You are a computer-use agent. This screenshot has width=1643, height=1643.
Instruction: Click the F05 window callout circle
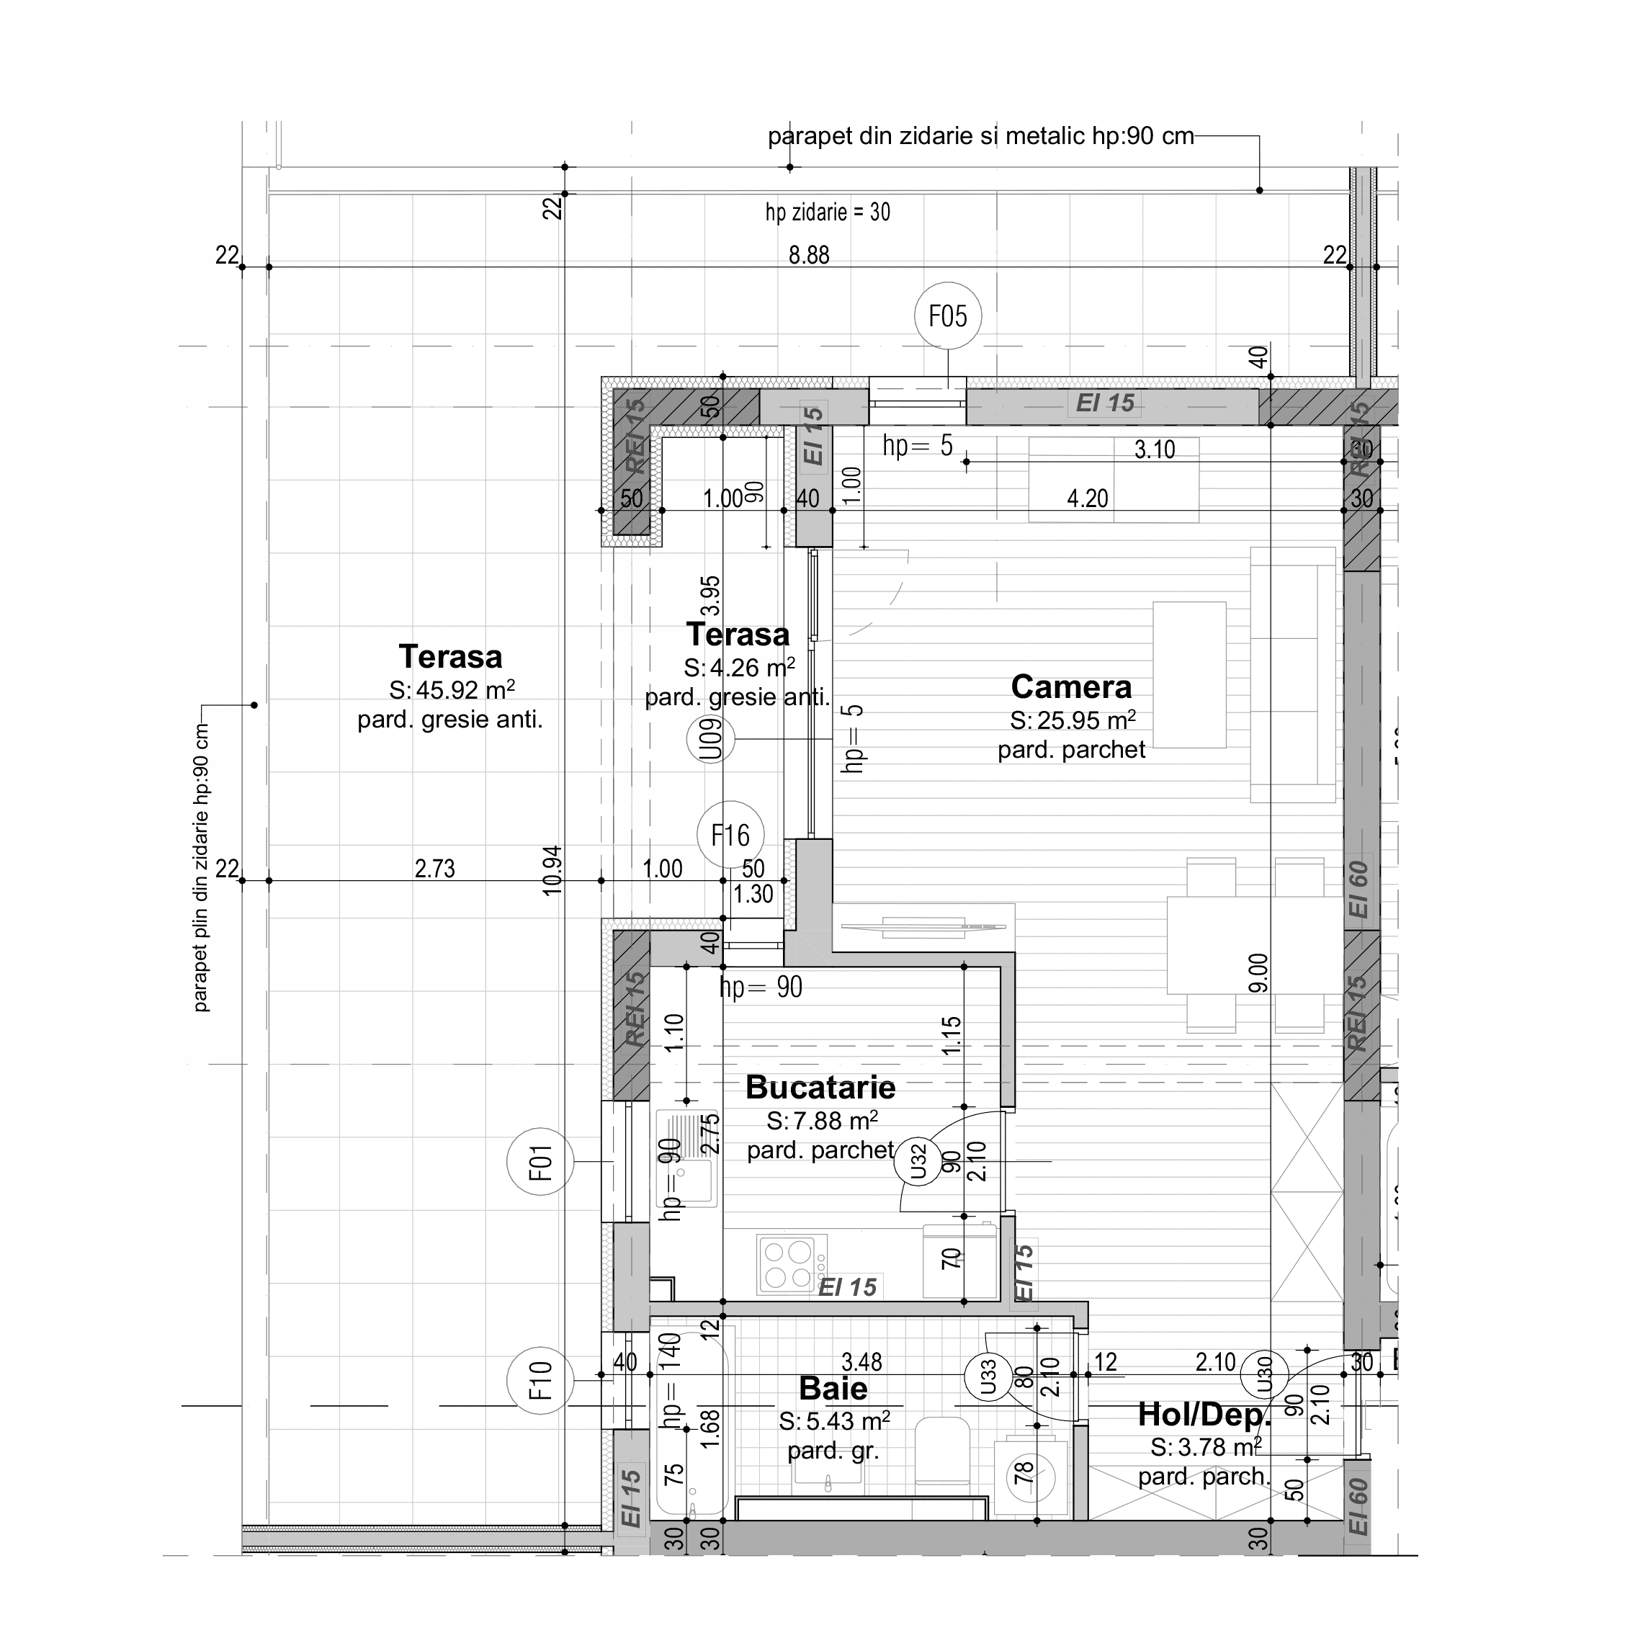tap(947, 316)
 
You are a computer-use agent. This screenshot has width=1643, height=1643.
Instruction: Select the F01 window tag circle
tap(540, 1162)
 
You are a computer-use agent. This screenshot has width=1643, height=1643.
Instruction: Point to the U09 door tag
tap(710, 739)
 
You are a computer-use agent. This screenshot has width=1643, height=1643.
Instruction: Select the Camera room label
tap(1070, 687)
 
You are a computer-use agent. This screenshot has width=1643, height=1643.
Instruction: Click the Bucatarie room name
tap(820, 1088)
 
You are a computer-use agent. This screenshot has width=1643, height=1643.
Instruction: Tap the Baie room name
tap(833, 1389)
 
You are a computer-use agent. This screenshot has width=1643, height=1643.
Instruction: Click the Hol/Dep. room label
tap(1204, 1414)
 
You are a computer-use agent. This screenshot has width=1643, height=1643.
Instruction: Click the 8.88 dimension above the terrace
tap(808, 255)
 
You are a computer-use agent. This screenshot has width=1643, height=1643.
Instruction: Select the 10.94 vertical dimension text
tap(552, 869)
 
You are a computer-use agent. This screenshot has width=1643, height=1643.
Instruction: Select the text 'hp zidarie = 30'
tap(828, 212)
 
